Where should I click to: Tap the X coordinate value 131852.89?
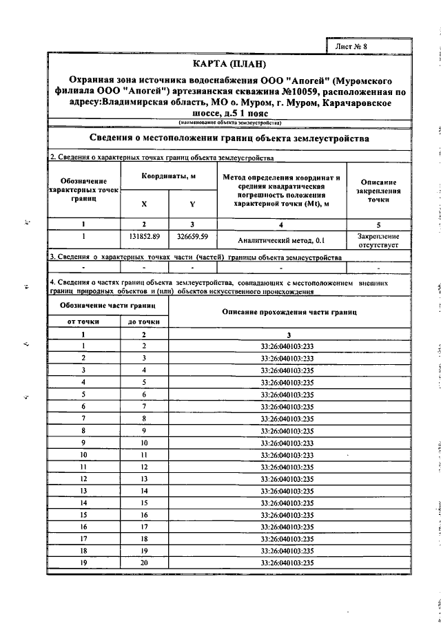tap(144, 236)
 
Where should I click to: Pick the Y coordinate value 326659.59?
tap(192, 236)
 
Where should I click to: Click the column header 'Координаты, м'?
tap(169, 176)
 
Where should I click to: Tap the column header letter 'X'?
tap(144, 204)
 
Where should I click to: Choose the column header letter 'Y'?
tap(192, 204)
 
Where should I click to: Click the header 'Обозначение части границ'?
tap(106, 304)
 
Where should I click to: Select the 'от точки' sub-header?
tap(83, 321)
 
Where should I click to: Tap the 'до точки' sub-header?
tap(144, 321)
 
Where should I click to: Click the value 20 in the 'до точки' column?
tap(144, 563)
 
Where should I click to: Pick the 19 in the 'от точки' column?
tap(83, 563)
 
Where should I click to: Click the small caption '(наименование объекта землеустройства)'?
tap(229, 122)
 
